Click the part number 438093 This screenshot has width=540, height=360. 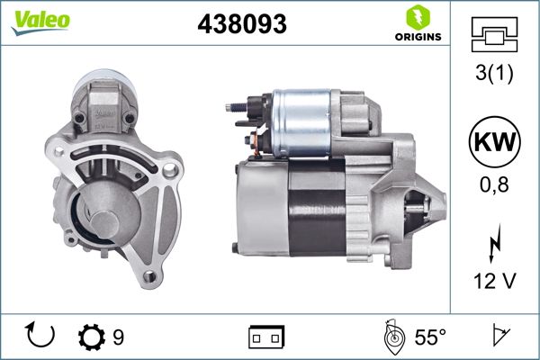click(241, 26)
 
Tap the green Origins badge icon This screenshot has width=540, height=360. click(418, 16)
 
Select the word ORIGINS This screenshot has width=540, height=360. click(418, 37)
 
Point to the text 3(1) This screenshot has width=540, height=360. click(495, 75)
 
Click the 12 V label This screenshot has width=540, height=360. click(495, 283)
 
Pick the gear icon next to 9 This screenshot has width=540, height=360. click(92, 337)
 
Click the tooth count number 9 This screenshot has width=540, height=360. click(118, 337)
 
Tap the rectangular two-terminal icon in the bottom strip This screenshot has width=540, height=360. click(266, 338)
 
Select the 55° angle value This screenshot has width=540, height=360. click(430, 337)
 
